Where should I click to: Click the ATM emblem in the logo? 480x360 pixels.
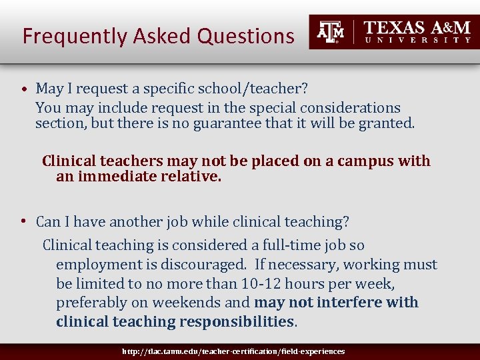[331, 31]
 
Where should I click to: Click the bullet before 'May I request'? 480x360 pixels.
[23, 89]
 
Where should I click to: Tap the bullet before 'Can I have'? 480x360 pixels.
[23, 221]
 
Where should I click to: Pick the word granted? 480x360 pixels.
[388, 123]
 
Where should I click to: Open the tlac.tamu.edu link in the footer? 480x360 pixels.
[233, 351]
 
